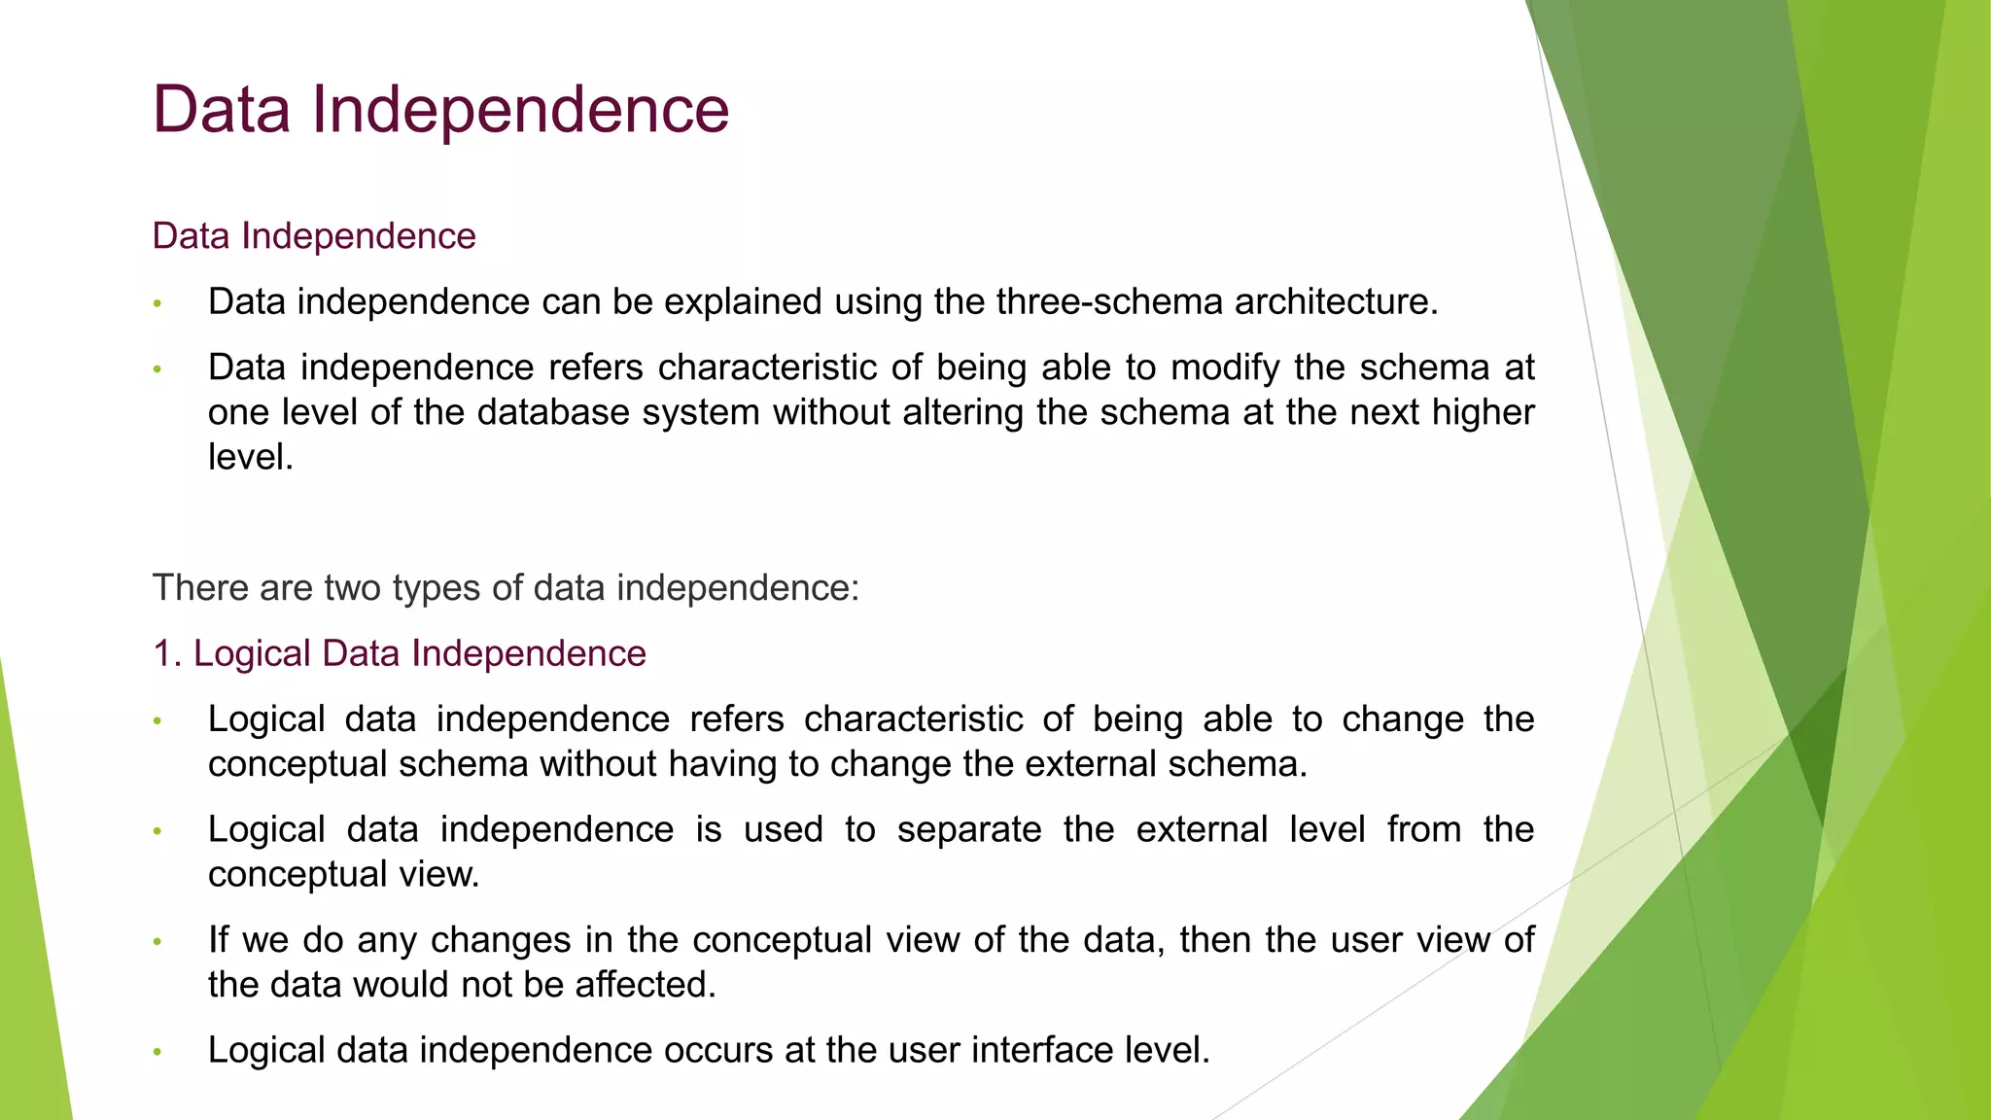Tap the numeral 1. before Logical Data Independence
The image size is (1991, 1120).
(167, 653)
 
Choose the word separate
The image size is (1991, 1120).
(968, 830)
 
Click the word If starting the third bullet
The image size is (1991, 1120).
(219, 940)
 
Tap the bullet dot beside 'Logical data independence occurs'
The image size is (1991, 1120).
(157, 1052)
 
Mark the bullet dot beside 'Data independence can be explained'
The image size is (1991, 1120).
(157, 304)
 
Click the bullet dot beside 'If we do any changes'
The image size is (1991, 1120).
(157, 942)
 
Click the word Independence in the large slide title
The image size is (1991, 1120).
(520, 109)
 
